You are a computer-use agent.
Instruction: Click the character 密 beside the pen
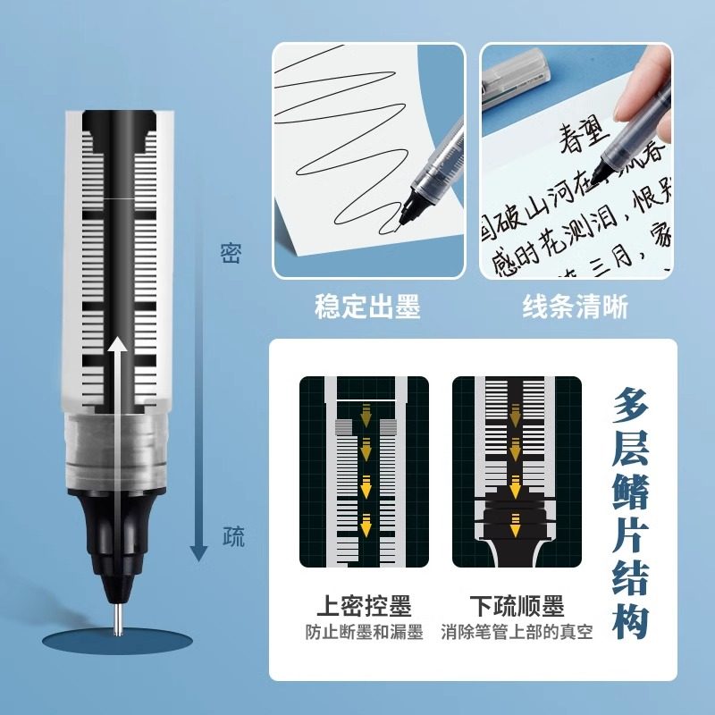click(x=231, y=255)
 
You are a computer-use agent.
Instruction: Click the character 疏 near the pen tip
click(x=232, y=539)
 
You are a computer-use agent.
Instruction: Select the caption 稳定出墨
click(x=367, y=307)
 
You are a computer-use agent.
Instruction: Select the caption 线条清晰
click(x=575, y=307)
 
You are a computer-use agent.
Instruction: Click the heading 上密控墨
click(x=365, y=607)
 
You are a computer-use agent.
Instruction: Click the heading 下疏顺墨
click(x=517, y=607)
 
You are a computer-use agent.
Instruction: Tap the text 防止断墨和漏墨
click(x=364, y=633)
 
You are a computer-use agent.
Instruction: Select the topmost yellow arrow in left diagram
click(x=365, y=413)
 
